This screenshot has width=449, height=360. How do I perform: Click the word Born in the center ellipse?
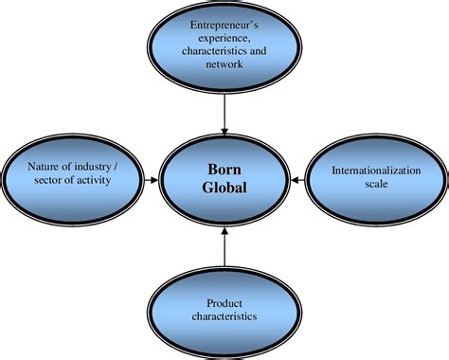pyautogui.click(x=224, y=170)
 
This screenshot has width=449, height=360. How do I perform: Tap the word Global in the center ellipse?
pyautogui.click(x=224, y=188)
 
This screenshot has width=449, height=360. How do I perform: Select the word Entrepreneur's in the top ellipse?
pyautogui.click(x=224, y=25)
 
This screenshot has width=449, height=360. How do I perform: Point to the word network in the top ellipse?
pyautogui.click(x=224, y=64)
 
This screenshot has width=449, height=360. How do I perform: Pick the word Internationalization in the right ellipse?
pyautogui.click(x=376, y=171)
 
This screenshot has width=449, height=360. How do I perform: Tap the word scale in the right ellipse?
pyautogui.click(x=376, y=184)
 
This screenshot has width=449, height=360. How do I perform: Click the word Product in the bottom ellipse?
pyautogui.click(x=224, y=303)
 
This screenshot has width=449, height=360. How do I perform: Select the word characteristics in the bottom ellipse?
pyautogui.click(x=224, y=316)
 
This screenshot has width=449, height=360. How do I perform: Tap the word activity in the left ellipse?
pyautogui.click(x=94, y=180)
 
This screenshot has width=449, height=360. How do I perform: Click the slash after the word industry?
pyautogui.click(x=116, y=167)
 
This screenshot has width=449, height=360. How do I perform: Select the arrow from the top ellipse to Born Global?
pyautogui.click(x=224, y=115)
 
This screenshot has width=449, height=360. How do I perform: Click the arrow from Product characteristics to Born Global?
pyautogui.click(x=224, y=247)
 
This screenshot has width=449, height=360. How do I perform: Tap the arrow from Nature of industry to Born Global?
pyautogui.click(x=151, y=180)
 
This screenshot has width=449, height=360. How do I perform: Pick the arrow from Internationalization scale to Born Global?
pyautogui.click(x=297, y=180)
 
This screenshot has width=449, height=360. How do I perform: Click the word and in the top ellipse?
pyautogui.click(x=258, y=51)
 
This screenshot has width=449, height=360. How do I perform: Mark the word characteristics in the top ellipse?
pyautogui.click(x=215, y=51)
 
